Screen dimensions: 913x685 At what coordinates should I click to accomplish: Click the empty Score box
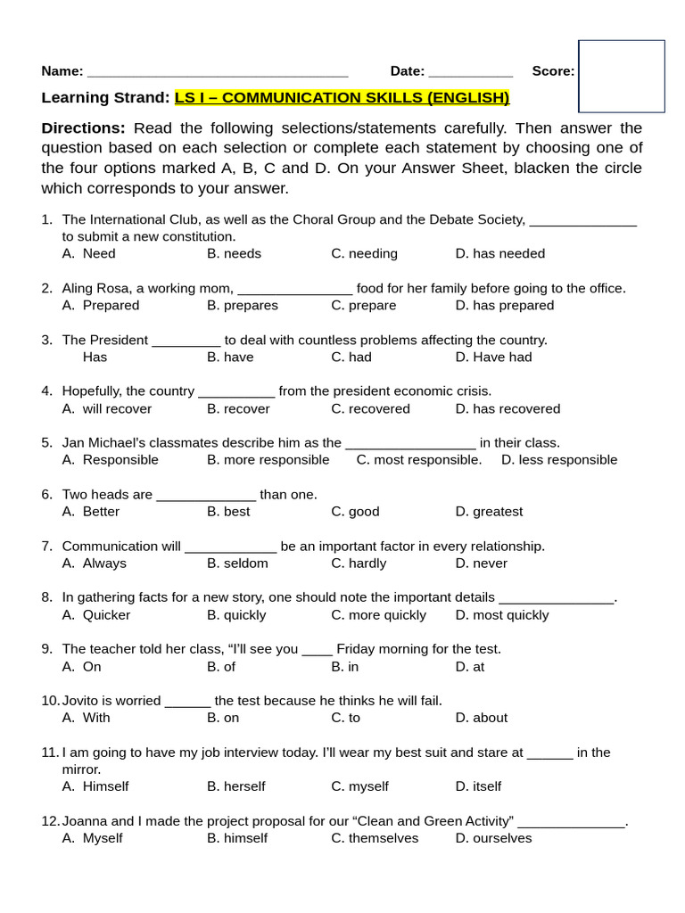point(622,76)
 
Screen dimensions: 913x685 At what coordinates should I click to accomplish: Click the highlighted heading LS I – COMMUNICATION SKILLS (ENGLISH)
point(342,98)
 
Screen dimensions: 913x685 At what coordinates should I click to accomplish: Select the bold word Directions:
point(83,128)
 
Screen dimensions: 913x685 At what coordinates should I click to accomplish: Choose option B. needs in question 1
point(234,254)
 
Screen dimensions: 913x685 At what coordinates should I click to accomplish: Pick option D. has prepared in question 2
point(504,306)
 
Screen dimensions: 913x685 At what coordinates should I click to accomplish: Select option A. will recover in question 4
point(107,409)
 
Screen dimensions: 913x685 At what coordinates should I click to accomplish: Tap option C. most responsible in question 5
point(418,460)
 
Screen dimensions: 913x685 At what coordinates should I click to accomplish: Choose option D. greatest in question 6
point(489,512)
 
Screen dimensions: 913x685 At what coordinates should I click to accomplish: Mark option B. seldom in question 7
point(237,563)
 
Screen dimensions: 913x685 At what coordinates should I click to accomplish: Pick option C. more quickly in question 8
point(378,615)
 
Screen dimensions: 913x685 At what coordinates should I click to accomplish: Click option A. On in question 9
point(82,667)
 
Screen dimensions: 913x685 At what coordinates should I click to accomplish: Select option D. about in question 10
point(481,718)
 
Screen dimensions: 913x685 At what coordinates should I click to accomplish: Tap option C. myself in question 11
point(359,786)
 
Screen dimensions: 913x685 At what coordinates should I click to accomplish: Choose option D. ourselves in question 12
point(493,838)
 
